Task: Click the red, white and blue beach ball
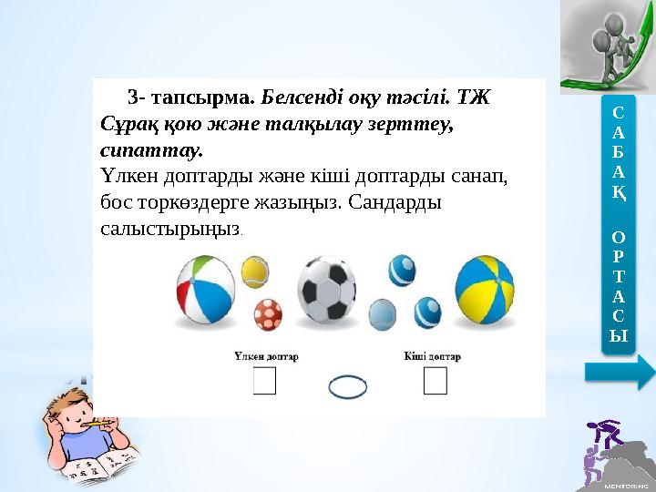206,289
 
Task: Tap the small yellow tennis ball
254,271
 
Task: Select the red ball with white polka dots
268,313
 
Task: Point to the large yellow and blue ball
483,289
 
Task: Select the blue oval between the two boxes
347,388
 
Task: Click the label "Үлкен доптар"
266,356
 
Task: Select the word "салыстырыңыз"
170,227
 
